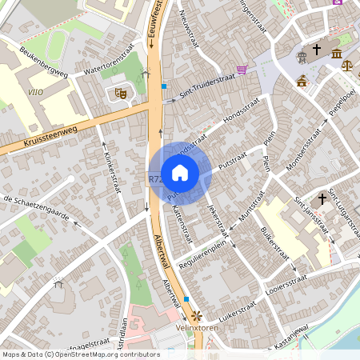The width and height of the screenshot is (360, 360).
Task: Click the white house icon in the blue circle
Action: click(180, 172)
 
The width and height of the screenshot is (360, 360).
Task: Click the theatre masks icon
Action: click(122, 93)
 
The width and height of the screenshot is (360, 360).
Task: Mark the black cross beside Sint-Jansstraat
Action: click(323, 198)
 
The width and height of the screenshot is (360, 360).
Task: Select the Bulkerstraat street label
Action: click(274, 243)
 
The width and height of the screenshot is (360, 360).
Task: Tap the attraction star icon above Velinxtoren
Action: click(193, 315)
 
